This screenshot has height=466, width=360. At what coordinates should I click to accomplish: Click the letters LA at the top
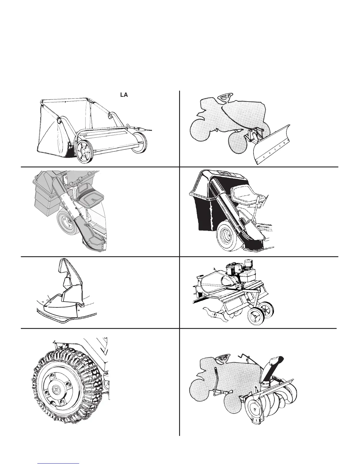click(124, 95)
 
